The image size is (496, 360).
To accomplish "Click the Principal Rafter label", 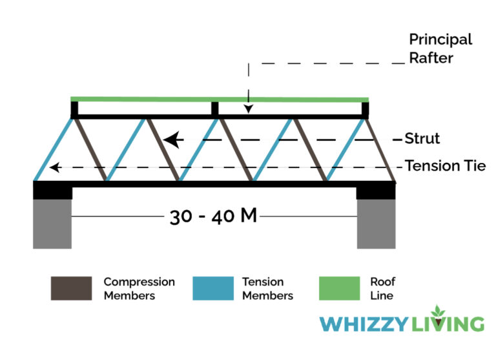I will point(440,48).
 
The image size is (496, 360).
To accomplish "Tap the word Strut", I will point(422,138).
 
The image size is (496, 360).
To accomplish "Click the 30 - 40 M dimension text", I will point(213,216).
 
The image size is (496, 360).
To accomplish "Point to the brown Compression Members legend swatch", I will point(71,288).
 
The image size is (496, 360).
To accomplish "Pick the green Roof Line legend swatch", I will point(339,288).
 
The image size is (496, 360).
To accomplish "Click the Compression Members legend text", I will point(139,289).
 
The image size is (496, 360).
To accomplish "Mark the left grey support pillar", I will point(52,223).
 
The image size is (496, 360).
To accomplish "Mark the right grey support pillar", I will point(377,223).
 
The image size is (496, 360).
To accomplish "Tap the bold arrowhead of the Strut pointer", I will point(170,139).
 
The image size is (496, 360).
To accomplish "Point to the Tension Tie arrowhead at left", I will point(56,167).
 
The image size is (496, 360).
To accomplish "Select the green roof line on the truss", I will point(220,99).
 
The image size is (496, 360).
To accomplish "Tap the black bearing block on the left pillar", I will point(52,190).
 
